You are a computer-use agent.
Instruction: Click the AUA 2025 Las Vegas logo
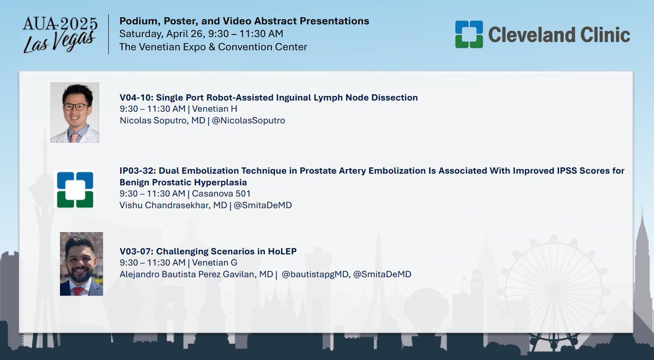pos(60,34)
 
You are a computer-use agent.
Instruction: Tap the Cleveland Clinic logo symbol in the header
pos(469,34)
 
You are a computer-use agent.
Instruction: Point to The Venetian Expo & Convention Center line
pos(213,47)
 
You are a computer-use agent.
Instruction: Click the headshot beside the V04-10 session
pos(75,112)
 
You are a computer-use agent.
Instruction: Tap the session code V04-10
pos(136,98)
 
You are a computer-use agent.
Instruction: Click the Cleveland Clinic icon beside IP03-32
pos(75,190)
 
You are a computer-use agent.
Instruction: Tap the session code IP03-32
pos(137,171)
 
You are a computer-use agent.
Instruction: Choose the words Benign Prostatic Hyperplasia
pos(183,182)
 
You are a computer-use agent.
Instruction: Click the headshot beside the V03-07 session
pos(81,264)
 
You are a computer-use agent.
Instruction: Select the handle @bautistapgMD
pos(315,274)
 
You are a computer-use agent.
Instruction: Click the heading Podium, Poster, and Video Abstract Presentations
pos(244,21)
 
